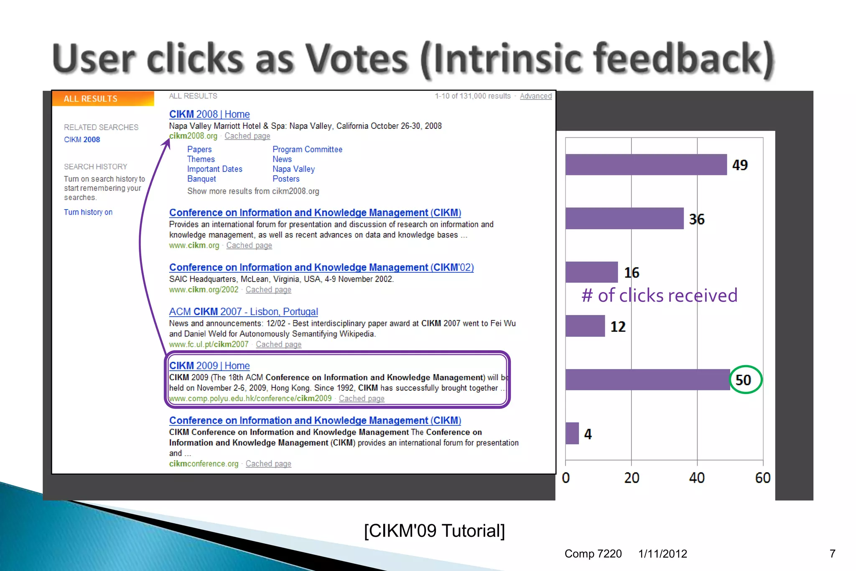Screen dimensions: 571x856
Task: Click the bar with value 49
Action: [646, 164]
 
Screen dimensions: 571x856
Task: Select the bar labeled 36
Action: [624, 218]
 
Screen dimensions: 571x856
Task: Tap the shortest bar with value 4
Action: [572, 433]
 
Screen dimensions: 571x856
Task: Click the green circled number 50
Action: [744, 380]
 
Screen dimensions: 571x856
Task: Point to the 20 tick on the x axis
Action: [632, 478]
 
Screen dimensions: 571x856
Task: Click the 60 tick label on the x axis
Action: [762, 478]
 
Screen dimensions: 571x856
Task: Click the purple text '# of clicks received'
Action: [659, 295]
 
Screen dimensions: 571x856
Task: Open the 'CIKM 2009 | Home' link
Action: [209, 366]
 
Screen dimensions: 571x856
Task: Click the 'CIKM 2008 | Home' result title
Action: [209, 114]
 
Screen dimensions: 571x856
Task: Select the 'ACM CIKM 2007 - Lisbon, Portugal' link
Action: [243, 312]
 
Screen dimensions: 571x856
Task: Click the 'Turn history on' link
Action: [88, 212]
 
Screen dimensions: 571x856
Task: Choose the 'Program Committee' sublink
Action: [307, 149]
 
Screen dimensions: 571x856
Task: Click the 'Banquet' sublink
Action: [201, 179]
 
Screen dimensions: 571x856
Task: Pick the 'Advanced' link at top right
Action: [535, 96]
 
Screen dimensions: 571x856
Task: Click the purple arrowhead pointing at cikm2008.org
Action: [167, 143]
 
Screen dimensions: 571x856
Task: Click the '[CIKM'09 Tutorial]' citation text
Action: [434, 530]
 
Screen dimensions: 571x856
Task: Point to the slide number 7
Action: [832, 554]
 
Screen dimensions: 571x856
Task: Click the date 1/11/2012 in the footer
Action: [662, 554]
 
